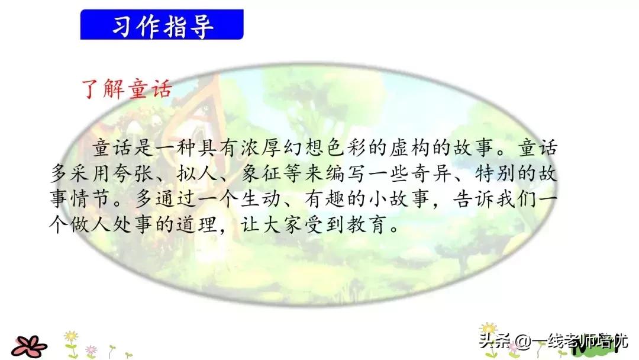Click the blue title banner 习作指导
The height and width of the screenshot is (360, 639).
click(162, 25)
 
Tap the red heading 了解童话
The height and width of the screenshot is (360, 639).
click(125, 89)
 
